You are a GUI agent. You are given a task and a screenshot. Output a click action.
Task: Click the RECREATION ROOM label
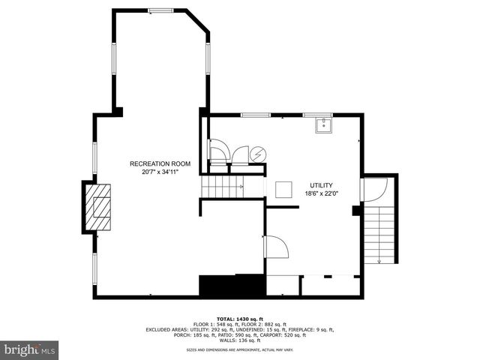pyautogui.click(x=160, y=163)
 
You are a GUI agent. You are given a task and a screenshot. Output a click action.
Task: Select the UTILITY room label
pyautogui.click(x=322, y=185)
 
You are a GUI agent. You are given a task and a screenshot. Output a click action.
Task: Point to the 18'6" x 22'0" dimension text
pyautogui.click(x=322, y=193)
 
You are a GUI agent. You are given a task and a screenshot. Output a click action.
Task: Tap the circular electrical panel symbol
pyautogui.click(x=257, y=154)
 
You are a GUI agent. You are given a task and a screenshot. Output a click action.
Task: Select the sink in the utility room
pyautogui.click(x=324, y=124)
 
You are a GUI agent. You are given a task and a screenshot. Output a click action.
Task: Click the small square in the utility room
pyautogui.click(x=284, y=190)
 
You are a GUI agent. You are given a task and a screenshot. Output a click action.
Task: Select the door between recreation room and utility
pyautogui.click(x=274, y=247)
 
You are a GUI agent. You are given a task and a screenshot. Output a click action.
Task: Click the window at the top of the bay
pyautogui.click(x=160, y=10)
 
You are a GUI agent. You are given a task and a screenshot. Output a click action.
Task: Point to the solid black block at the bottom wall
pyautogui.click(x=232, y=286)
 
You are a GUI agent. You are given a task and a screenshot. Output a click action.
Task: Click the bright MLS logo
pyautogui.click(x=30, y=349)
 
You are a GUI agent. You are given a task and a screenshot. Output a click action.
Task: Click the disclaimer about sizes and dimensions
pyautogui.click(x=239, y=349)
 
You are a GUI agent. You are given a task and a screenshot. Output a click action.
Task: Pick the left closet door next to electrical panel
pyautogui.click(x=218, y=154)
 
